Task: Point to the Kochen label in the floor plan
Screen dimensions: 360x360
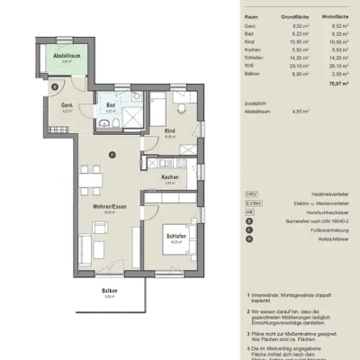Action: pos(167,177)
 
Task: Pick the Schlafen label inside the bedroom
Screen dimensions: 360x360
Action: pos(175,237)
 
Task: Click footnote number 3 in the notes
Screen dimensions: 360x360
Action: pos(247,332)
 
